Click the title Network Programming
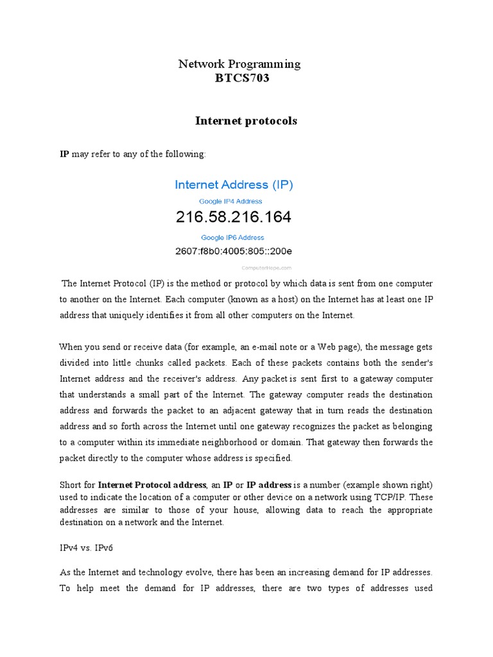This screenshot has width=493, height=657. coord(238,64)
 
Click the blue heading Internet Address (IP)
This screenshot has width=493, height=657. coord(234,185)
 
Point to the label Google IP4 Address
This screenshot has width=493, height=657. coord(230,201)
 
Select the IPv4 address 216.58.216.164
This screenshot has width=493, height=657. coord(233,218)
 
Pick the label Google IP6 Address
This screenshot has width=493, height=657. coord(232,237)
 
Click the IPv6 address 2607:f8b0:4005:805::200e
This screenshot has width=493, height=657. coord(234,251)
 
